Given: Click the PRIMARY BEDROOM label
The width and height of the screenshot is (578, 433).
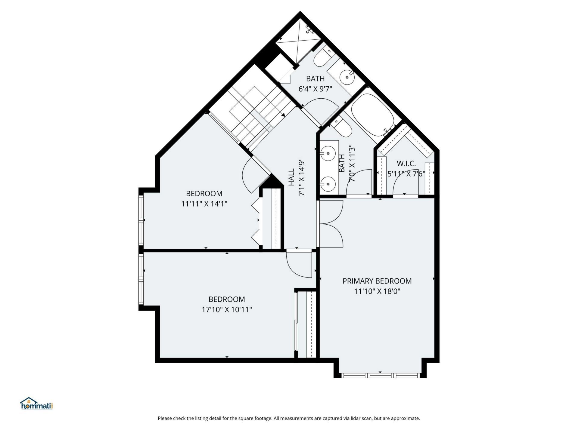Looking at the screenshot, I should pos(377,281).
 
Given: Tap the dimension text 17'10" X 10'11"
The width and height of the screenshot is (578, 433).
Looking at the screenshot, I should pos(227,309).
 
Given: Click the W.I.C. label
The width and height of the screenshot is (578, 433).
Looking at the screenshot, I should pos(406,164).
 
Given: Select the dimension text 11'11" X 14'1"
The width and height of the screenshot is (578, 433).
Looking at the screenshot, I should pos(204,204).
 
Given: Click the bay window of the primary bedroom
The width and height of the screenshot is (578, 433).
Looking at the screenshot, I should pos(380,375).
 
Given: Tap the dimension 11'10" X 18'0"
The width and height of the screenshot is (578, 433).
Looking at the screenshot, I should pos(377,291).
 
